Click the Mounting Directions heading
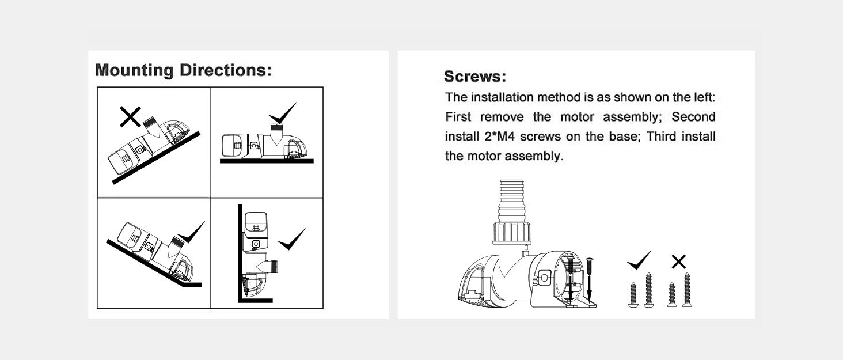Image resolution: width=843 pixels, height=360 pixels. click(x=183, y=71)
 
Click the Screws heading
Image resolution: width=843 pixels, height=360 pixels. click(x=475, y=77)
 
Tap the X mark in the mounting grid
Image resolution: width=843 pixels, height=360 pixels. click(x=130, y=118)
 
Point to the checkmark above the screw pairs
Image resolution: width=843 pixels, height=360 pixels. click(x=639, y=261)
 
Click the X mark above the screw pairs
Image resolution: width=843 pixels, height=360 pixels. click(x=679, y=262)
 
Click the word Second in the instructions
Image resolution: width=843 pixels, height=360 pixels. click(x=693, y=117)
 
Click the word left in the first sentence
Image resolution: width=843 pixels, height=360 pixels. click(x=700, y=97)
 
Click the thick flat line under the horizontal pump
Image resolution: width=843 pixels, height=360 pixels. click(x=267, y=161)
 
